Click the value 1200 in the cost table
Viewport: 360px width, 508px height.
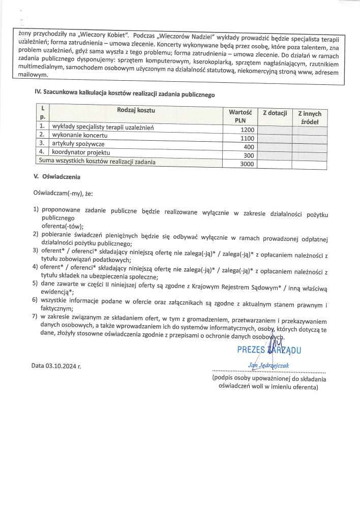point(247,130)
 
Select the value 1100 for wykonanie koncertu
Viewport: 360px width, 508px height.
point(247,138)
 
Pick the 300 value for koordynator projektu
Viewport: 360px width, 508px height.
point(248,155)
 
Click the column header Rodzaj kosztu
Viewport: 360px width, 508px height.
point(136,110)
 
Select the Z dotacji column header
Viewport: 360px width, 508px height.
point(275,113)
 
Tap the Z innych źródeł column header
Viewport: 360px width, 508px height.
point(309,117)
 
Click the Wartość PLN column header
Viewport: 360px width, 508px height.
point(240,116)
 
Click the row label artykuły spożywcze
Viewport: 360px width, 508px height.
point(77,144)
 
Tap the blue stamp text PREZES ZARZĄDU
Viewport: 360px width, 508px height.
point(269,350)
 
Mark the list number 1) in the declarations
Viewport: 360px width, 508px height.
point(36,210)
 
